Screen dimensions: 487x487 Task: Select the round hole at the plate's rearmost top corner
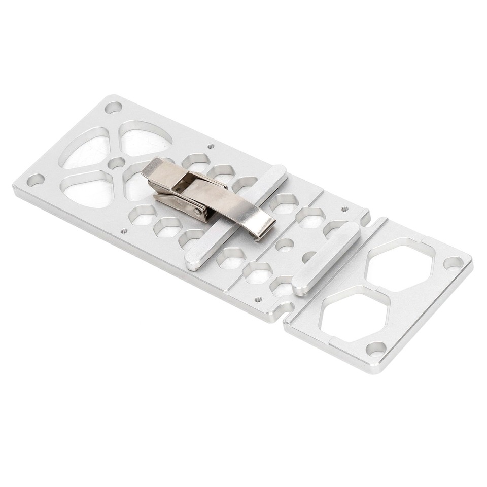click(113, 108)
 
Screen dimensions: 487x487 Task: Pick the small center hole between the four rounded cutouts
click(117, 163)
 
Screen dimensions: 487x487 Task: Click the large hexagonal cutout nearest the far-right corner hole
click(400, 264)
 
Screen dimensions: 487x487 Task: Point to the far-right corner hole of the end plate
click(453, 263)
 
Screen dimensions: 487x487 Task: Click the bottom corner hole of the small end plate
click(376, 349)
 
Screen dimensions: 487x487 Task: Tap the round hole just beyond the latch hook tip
click(285, 245)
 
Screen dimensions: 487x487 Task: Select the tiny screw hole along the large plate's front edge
click(123, 231)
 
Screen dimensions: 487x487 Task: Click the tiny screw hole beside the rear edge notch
click(345, 208)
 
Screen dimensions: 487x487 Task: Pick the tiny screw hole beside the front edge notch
click(258, 299)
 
